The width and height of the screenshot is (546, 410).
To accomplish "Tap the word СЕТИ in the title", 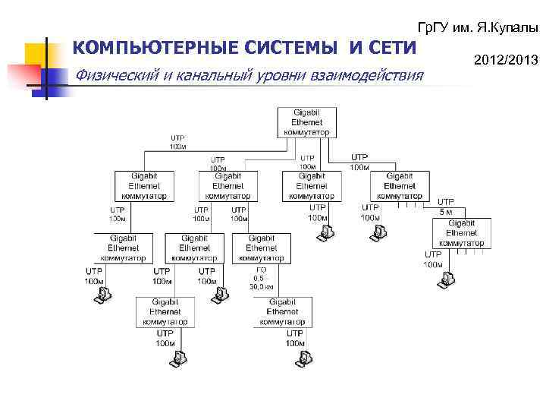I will click(x=392, y=49).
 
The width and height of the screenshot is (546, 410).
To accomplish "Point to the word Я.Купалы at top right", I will click(x=507, y=27).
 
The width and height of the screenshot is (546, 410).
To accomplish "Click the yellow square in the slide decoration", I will click(x=34, y=54).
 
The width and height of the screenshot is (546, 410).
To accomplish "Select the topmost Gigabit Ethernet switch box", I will click(x=307, y=121).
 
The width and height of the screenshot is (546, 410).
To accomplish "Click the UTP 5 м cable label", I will click(x=447, y=207).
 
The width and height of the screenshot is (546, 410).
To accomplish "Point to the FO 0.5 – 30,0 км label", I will click(x=262, y=278).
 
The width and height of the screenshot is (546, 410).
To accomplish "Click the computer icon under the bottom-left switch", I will click(x=175, y=361).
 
